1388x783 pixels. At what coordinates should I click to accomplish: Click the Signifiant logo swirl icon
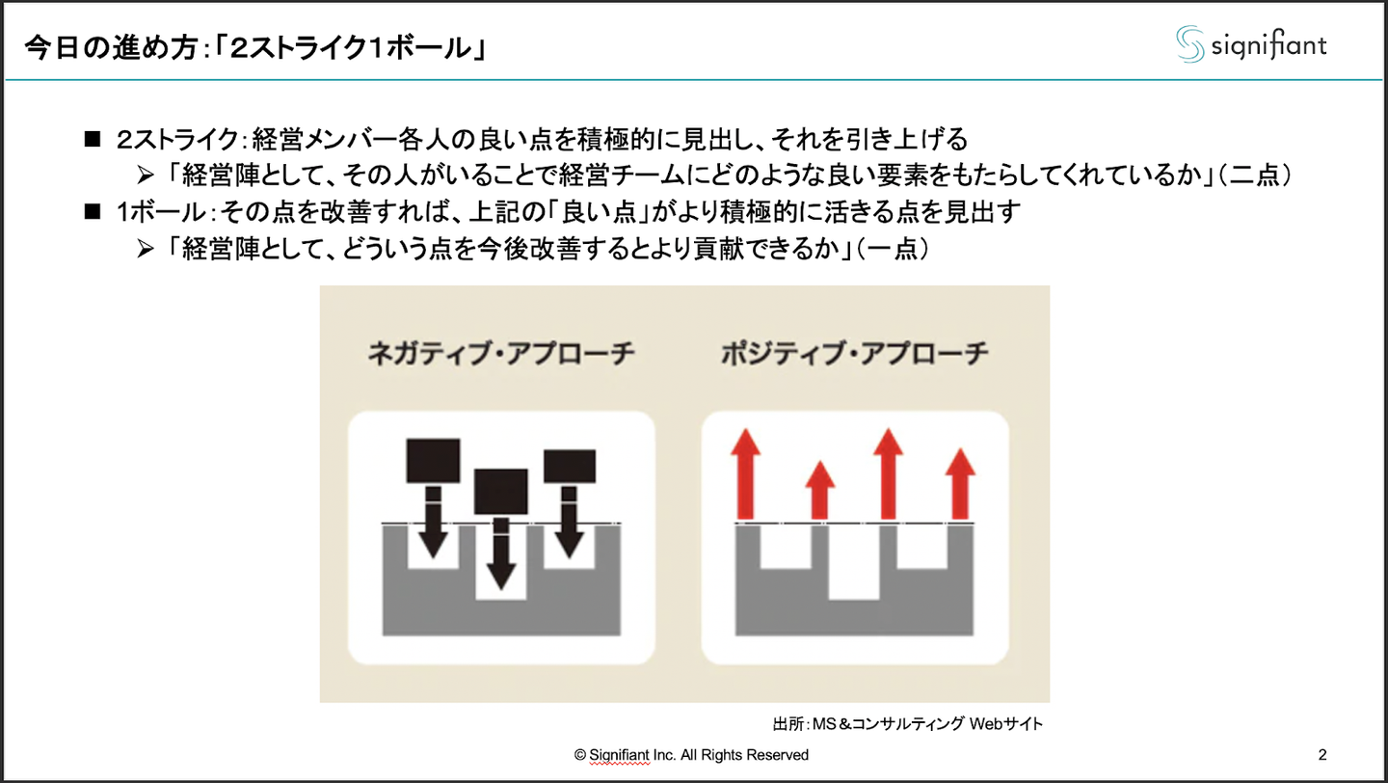click(1189, 44)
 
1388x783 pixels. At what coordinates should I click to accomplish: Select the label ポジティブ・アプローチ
click(855, 354)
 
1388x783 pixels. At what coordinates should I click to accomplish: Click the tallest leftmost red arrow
click(746, 474)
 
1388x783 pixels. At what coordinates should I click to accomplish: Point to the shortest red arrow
click(819, 489)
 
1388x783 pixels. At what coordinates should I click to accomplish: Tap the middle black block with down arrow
click(501, 491)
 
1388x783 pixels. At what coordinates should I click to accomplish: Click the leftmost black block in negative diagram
click(433, 461)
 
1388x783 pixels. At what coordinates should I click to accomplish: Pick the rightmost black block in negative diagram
click(570, 466)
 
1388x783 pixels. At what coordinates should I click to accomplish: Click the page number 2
click(1322, 754)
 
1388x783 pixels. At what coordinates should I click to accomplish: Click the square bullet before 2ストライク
click(93, 140)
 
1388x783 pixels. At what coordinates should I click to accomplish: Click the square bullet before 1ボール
click(93, 212)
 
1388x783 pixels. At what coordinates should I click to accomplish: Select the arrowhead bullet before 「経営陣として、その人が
click(146, 176)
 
